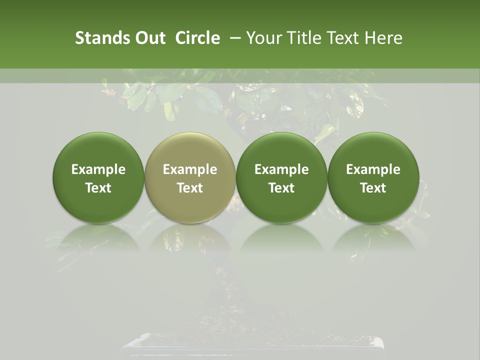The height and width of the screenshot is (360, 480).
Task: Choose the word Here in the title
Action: click(x=383, y=38)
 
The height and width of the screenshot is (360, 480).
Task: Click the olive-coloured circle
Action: click(x=190, y=150)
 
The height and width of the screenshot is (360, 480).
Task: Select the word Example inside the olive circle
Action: click(x=190, y=169)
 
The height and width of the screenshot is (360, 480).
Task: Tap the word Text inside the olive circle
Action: click(x=190, y=188)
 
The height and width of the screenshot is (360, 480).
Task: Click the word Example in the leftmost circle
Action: click(x=98, y=169)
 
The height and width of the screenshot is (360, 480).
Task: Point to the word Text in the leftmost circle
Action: click(x=98, y=188)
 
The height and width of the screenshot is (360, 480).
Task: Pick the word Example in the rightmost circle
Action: click(x=373, y=169)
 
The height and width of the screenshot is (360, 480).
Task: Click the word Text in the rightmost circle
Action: click(x=373, y=188)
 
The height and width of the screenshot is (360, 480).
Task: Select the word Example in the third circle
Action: click(x=281, y=169)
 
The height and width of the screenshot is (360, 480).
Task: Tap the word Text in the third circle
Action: click(x=281, y=188)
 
